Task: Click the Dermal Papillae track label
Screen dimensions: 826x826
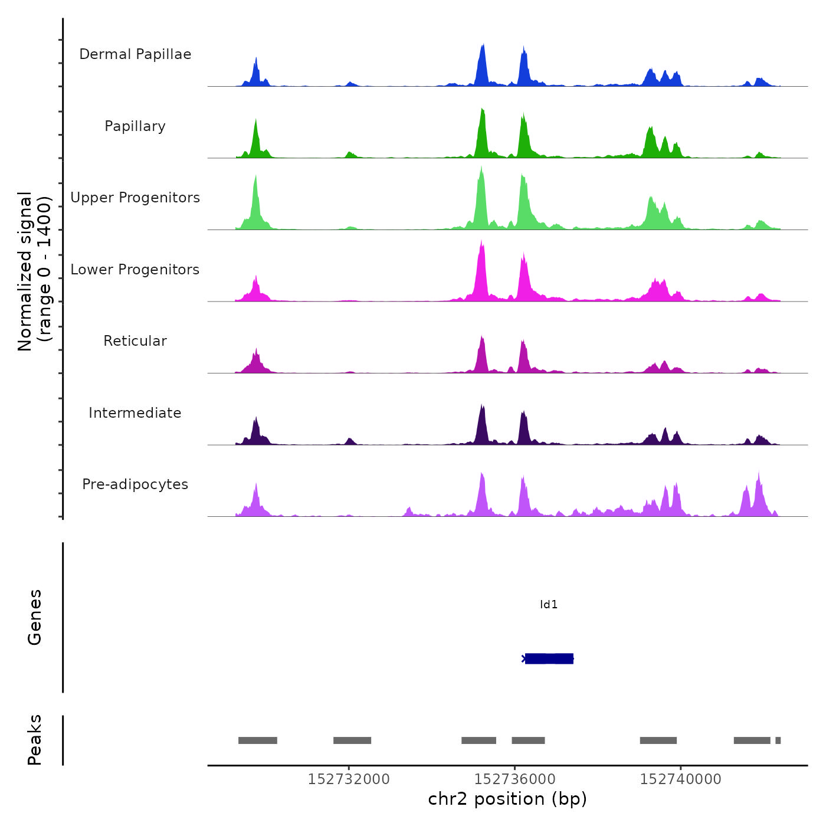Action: tap(135, 54)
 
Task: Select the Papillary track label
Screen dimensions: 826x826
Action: tap(135, 126)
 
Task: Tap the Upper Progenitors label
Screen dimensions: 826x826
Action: tap(135, 198)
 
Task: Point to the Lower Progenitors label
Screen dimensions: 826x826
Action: tap(135, 270)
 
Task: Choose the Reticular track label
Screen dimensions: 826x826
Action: tap(135, 341)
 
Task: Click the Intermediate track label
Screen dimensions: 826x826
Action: tap(135, 413)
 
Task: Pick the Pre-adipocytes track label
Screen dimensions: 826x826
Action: tap(135, 484)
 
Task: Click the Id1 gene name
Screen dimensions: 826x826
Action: tap(549, 605)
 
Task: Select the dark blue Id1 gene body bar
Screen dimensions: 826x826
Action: tap(549, 658)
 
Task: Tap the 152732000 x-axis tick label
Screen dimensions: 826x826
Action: tap(349, 779)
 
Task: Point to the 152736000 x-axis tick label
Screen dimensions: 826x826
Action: tap(515, 779)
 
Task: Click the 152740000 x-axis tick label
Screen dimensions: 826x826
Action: tap(681, 779)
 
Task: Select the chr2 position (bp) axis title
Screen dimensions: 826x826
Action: tap(507, 799)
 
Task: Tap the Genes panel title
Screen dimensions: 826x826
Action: tap(35, 617)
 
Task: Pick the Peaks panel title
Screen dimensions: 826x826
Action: tap(35, 740)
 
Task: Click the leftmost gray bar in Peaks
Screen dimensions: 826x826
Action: tap(258, 740)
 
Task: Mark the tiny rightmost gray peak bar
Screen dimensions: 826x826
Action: tap(778, 740)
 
